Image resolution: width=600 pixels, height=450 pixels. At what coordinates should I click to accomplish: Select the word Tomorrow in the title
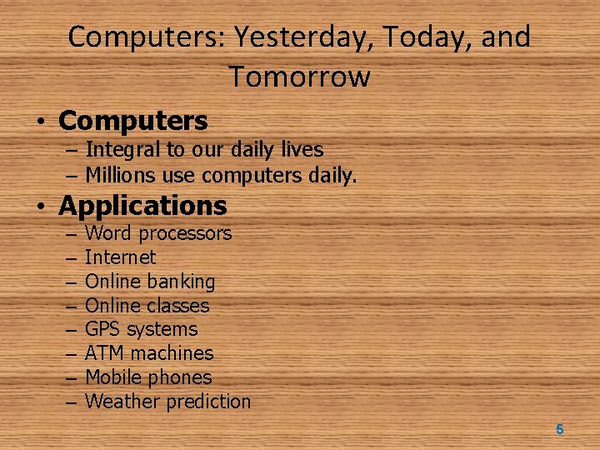(x=299, y=77)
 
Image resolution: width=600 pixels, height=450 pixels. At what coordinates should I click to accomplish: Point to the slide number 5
(x=559, y=429)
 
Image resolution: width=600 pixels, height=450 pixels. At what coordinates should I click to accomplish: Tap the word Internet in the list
(x=120, y=257)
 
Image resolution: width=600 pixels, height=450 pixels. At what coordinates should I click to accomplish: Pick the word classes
(x=177, y=306)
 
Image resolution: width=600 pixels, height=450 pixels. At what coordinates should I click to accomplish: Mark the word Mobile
(x=113, y=377)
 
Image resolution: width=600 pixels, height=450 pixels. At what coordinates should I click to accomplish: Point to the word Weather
(x=122, y=402)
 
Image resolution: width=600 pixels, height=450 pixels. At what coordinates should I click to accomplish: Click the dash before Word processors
(x=69, y=234)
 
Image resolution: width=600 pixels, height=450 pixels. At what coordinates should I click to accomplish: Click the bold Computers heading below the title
(x=133, y=121)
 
